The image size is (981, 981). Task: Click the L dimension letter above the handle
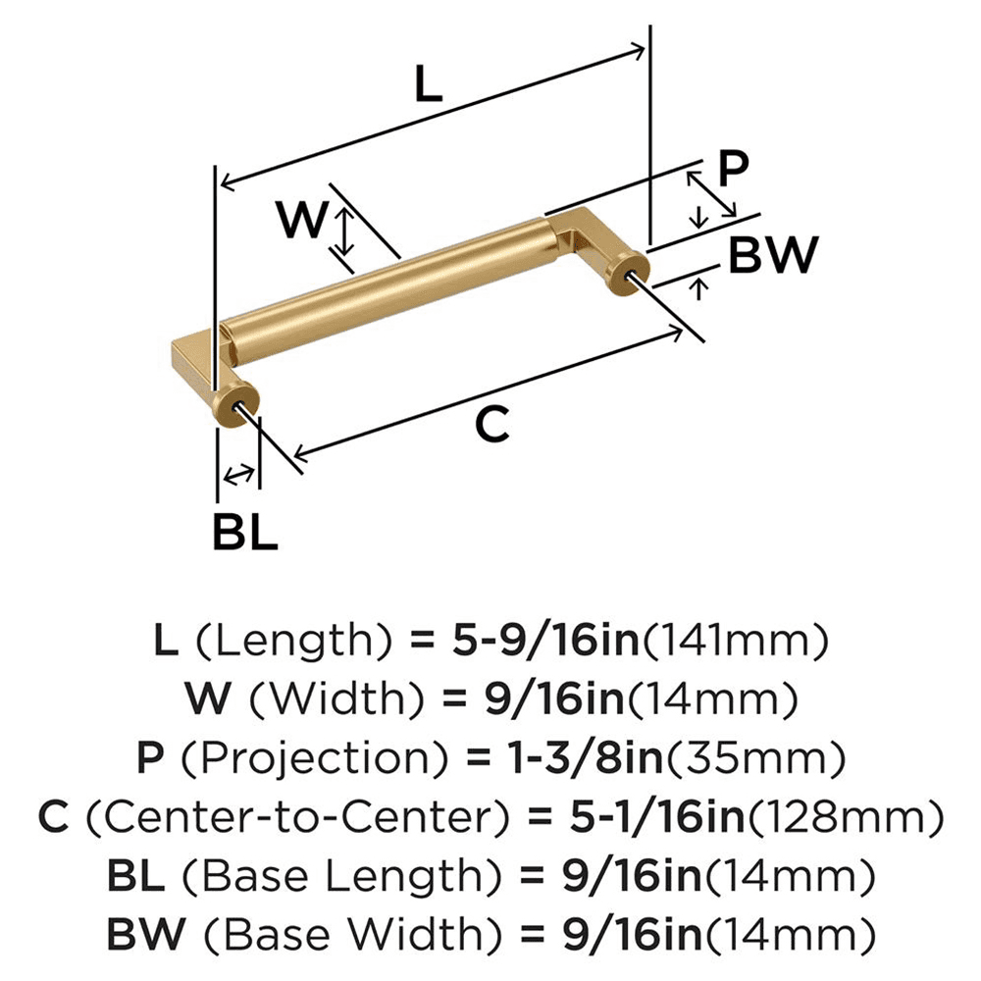(x=428, y=86)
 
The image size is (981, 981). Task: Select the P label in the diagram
(x=733, y=170)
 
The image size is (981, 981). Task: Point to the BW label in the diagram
(x=772, y=256)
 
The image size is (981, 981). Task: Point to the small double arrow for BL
(x=236, y=476)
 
